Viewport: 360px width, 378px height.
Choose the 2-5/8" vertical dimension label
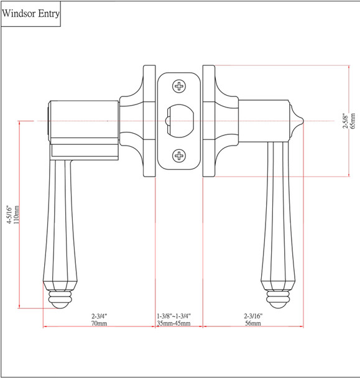tap(344, 120)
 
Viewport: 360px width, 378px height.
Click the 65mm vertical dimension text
tap(353, 120)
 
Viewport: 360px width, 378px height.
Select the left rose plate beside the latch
tap(149, 121)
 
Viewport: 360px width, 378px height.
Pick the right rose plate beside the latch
tap(209, 121)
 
